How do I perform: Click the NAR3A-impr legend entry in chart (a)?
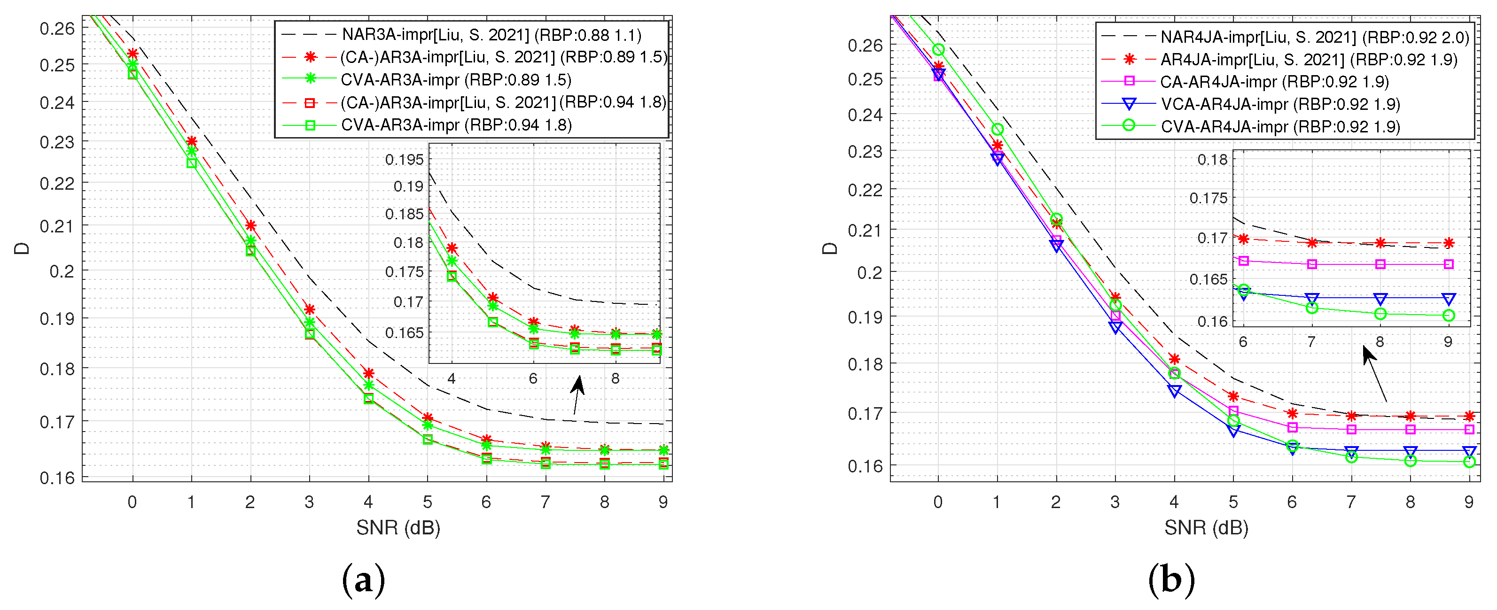tap(491, 35)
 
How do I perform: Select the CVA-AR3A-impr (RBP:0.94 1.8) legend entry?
tap(456, 125)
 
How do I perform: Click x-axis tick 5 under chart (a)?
tap(427, 502)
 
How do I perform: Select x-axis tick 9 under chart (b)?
tap(1468, 502)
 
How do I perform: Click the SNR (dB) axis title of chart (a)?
tap(398, 527)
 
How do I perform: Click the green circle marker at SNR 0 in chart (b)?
tap(938, 50)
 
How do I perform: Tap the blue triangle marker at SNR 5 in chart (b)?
tap(1233, 431)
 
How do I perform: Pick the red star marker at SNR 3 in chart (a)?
tap(310, 309)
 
